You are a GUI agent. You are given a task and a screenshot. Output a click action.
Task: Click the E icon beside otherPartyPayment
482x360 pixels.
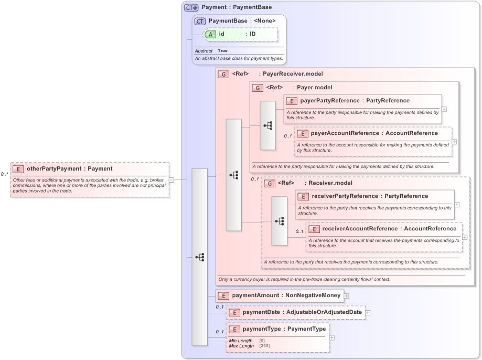click(18, 169)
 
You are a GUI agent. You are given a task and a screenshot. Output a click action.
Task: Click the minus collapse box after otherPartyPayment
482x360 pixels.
click(171, 179)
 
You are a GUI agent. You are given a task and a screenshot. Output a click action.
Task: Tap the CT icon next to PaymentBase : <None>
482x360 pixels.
click(200, 21)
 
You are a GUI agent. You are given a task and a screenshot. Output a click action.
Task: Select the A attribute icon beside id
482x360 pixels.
click(210, 34)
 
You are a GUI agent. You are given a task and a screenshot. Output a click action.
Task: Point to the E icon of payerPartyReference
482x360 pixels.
click(292, 101)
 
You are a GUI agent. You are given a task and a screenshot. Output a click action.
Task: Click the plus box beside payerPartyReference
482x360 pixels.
click(444, 109)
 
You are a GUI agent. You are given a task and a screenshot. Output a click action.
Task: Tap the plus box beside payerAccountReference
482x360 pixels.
click(454, 142)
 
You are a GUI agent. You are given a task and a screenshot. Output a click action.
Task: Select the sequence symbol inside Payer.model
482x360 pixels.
click(268, 125)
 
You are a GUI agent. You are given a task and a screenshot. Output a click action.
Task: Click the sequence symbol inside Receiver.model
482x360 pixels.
click(280, 221)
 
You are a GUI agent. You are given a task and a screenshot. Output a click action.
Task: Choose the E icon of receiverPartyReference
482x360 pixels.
click(303, 196)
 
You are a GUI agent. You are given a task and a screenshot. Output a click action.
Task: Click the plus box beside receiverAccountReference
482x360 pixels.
click(465, 237)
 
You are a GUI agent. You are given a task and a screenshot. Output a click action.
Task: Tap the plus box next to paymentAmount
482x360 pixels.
click(347, 295)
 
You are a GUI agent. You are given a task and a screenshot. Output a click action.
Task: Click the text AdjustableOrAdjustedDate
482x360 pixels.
click(324, 312)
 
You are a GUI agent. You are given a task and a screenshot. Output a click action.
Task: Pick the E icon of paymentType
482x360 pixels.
click(235, 329)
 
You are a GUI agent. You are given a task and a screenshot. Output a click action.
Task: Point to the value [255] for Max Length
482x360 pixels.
click(265, 346)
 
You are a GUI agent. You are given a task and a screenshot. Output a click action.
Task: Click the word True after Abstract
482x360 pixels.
click(223, 51)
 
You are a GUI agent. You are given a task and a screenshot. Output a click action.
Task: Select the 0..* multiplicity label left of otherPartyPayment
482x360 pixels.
click(4, 174)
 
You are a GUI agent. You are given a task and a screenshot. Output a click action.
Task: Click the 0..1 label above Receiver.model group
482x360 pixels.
click(255, 179)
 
